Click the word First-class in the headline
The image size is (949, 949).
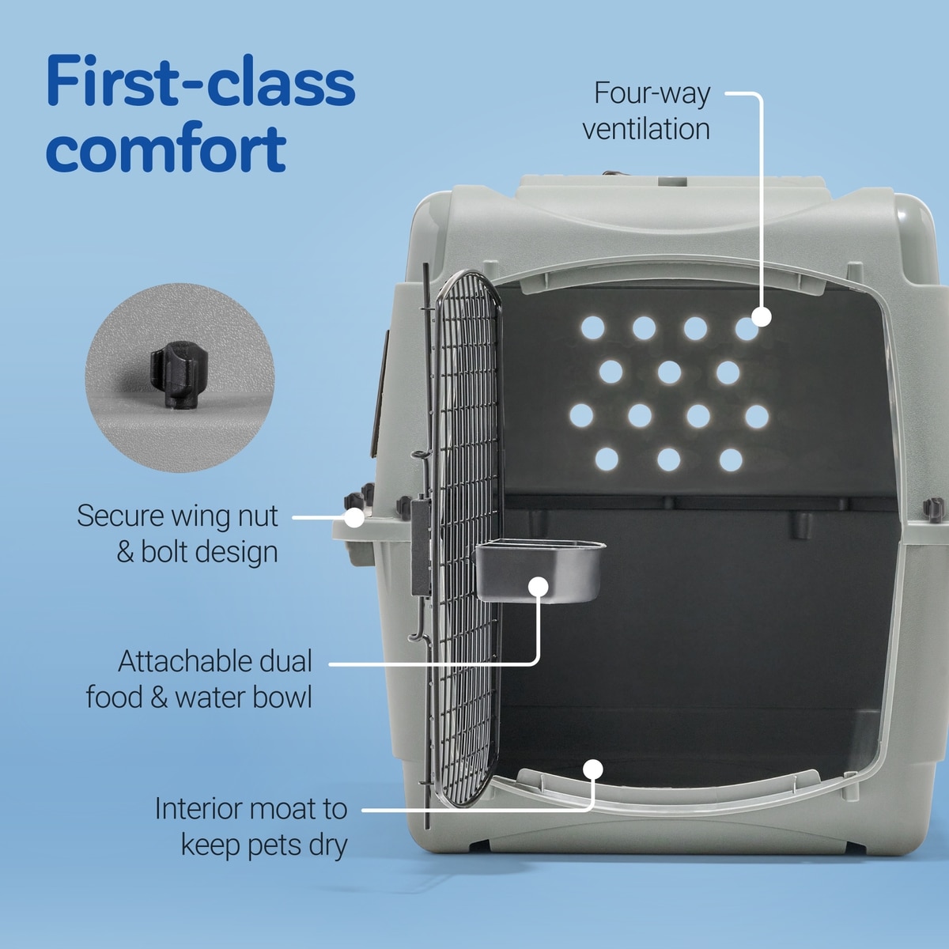tap(200, 81)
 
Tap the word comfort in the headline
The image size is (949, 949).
tap(166, 148)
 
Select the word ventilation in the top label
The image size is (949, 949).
tap(646, 129)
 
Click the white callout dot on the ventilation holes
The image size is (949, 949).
tap(762, 316)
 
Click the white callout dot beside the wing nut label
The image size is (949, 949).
tap(354, 517)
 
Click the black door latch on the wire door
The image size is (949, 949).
tap(421, 546)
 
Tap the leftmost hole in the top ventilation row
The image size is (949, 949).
tap(592, 327)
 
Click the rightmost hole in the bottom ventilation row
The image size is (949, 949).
tap(731, 460)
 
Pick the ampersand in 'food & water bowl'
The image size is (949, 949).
tap(159, 698)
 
